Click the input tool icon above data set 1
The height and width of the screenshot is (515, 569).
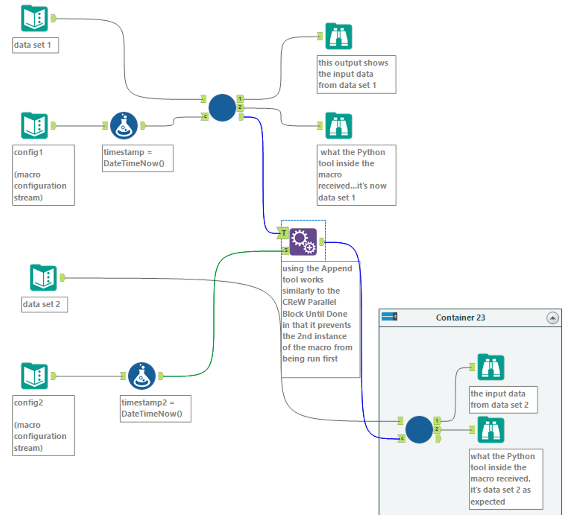[34, 18]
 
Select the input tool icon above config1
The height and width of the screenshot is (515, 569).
[34, 126]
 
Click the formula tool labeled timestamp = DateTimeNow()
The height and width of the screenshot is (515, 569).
[124, 126]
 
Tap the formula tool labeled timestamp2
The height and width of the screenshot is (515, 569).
[142, 376]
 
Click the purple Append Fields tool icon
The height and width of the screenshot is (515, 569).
[303, 242]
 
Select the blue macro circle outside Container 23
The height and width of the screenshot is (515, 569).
[222, 108]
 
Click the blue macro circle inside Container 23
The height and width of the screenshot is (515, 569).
[419, 430]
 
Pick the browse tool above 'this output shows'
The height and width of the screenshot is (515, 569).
[338, 36]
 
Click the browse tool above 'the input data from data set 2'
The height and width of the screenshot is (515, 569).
[491, 367]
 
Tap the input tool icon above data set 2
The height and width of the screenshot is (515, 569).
[43, 277]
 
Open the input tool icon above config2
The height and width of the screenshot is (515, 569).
[34, 376]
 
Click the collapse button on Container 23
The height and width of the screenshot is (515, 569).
[553, 318]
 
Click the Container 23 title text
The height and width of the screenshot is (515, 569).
[460, 318]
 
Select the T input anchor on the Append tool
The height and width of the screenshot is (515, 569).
[283, 233]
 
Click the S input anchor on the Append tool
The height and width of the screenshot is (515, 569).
[285, 250]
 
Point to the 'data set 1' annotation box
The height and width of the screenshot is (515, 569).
[36, 45]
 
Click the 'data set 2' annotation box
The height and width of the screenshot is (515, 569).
[44, 305]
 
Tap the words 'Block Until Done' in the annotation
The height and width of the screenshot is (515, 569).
[314, 314]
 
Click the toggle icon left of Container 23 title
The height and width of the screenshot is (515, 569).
[389, 317]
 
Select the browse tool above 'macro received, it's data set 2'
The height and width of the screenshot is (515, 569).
[491, 430]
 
